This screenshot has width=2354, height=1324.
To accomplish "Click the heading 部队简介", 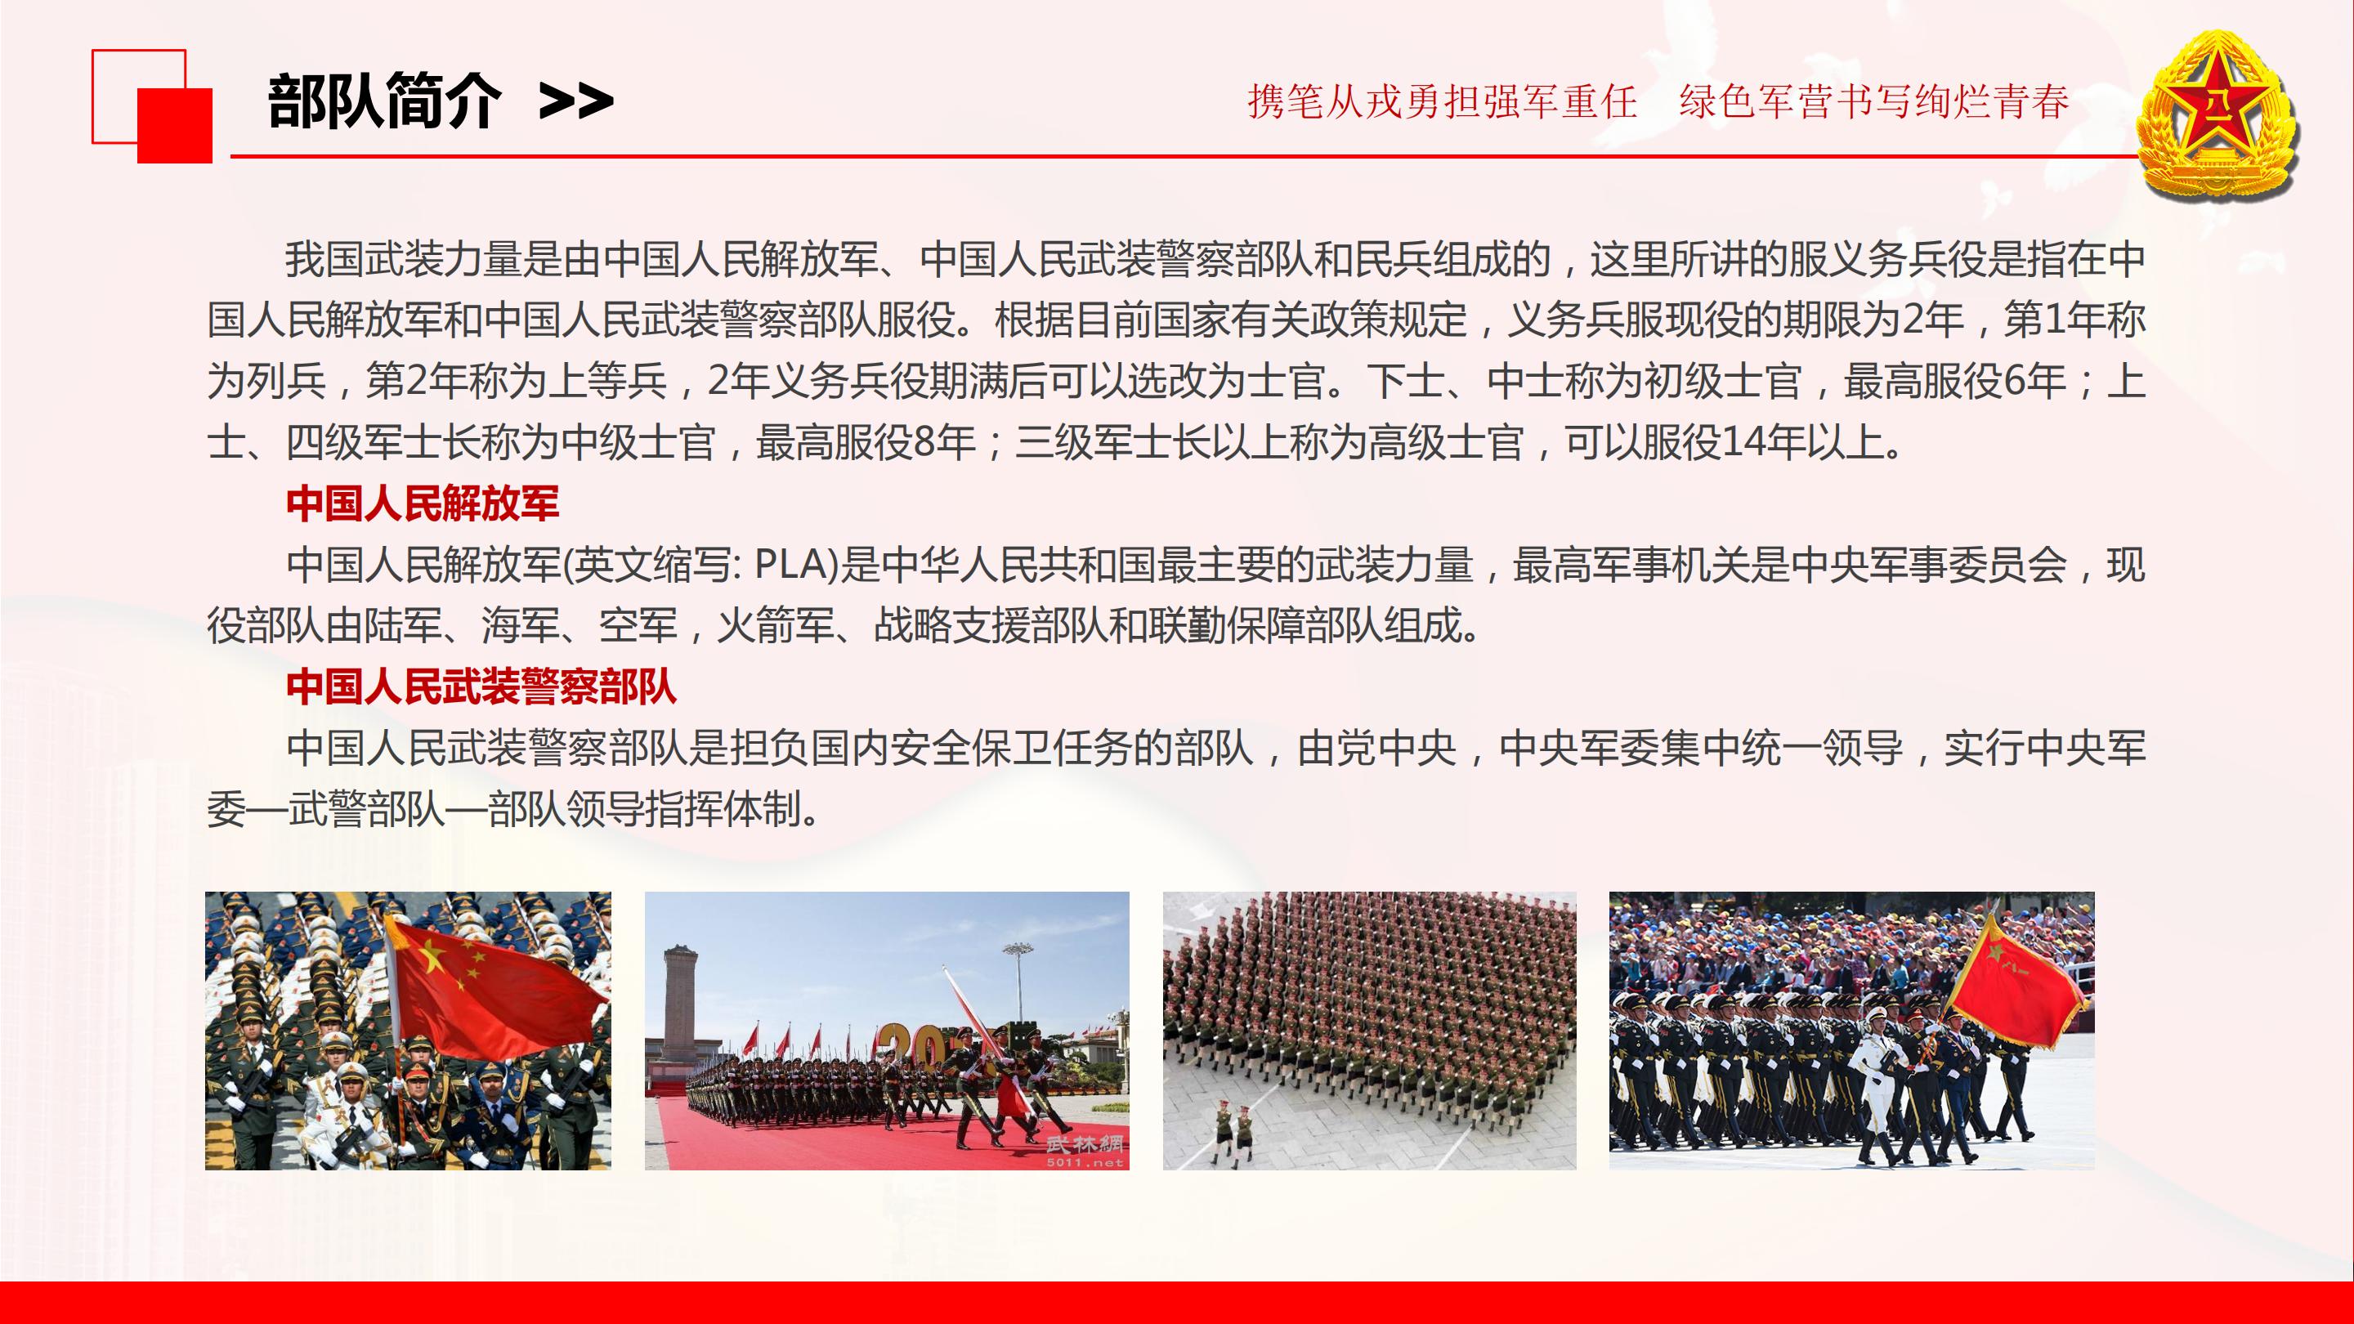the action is point(385,101).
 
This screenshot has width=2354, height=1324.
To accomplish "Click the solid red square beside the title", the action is point(175,125).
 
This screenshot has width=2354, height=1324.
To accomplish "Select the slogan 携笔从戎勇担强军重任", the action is point(1441,101).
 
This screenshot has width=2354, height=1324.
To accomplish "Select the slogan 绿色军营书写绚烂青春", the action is point(1873,101).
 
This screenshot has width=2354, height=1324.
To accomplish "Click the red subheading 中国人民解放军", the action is point(423,503).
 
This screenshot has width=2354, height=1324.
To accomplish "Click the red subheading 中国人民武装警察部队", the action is point(481,687).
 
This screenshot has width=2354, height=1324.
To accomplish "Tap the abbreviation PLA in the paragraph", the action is point(790,566).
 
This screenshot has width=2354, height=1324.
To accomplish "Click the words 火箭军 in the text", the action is point(775,626).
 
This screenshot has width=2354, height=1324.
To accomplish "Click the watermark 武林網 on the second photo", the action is point(1085,1143).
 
